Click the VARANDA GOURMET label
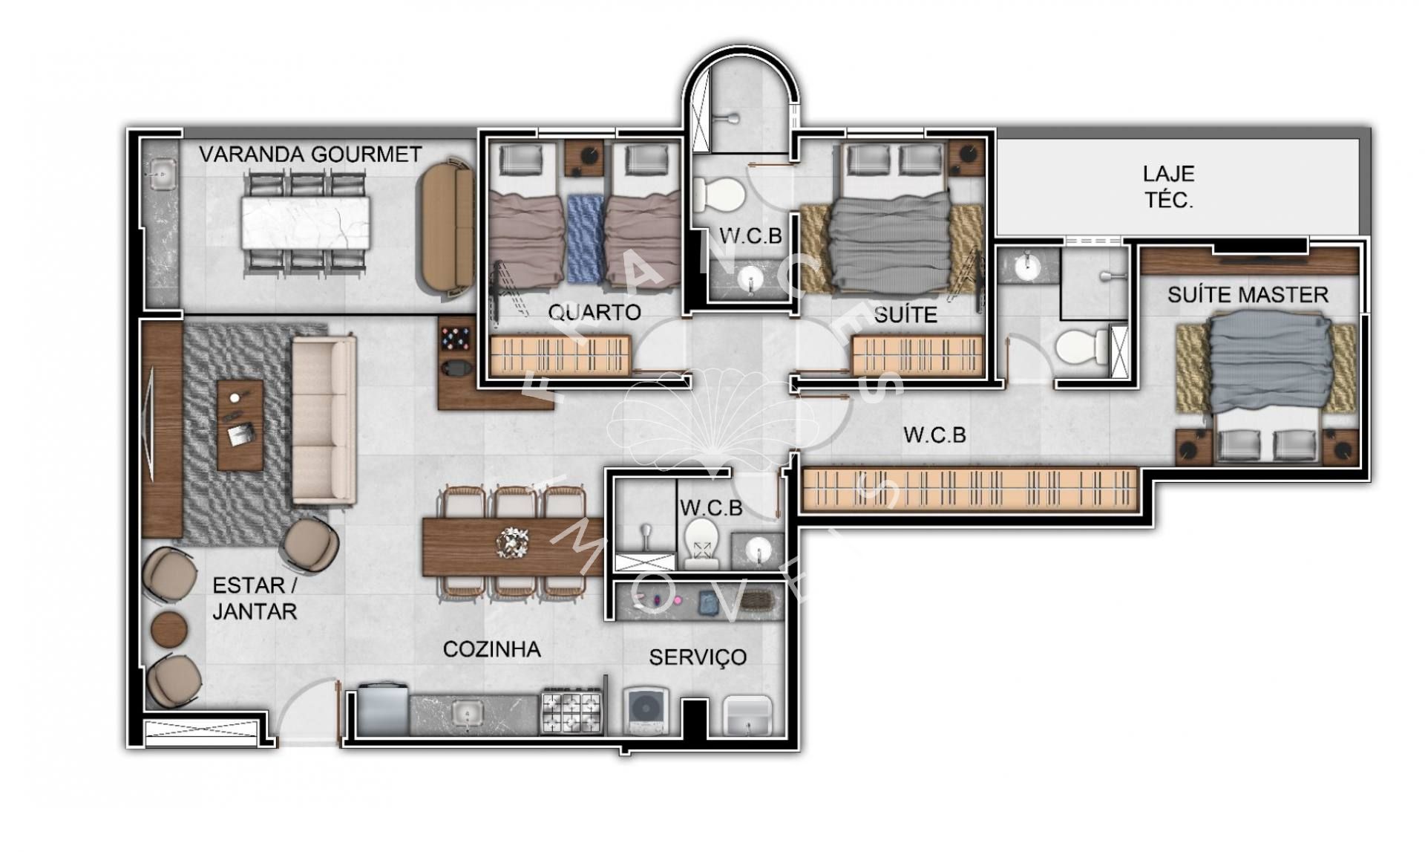(x=310, y=155)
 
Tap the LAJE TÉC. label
(x=1169, y=186)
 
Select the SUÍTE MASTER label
(x=1248, y=295)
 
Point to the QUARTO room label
(x=594, y=312)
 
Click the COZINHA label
(x=491, y=649)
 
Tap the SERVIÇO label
(x=698, y=657)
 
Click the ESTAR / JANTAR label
(x=255, y=598)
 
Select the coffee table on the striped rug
(x=240, y=426)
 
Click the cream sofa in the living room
(x=324, y=420)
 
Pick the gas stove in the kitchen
(x=571, y=712)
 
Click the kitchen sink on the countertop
(x=468, y=714)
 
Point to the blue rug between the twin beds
(x=586, y=238)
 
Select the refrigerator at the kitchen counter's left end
(x=383, y=710)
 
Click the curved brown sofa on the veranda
(x=448, y=228)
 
